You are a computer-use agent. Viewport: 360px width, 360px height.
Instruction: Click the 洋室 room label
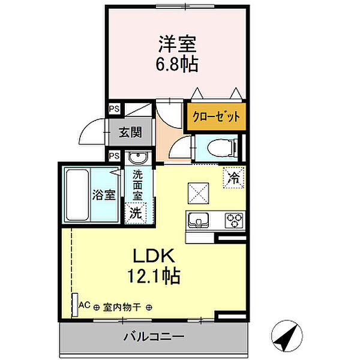coord(178,44)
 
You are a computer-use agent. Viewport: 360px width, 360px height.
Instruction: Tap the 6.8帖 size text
coord(177,64)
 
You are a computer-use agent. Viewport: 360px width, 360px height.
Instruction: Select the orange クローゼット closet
coord(216,116)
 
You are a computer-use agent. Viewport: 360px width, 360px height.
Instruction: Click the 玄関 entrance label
coord(130,132)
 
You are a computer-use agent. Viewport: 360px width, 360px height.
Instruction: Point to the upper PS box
coord(115,109)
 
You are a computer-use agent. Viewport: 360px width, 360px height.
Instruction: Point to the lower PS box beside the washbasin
coord(115,156)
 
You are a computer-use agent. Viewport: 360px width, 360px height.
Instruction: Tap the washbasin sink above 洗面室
coord(138,158)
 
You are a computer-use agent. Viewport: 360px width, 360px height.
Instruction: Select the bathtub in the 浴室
coord(77,195)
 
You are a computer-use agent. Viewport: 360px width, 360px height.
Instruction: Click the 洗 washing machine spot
coord(136,213)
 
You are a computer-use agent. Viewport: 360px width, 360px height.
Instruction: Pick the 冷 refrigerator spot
coord(233,178)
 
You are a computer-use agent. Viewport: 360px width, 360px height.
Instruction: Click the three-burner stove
coord(234,220)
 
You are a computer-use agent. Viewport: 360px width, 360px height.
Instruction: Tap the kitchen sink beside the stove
coord(199,220)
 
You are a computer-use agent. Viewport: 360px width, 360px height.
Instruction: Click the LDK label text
coord(154,256)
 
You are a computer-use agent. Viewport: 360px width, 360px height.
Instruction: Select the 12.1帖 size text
coord(154,276)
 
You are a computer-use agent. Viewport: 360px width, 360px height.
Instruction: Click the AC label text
coord(85,305)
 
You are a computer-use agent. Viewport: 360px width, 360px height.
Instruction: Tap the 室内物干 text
coord(122,307)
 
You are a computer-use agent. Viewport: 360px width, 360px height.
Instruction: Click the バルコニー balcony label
coord(154,337)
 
